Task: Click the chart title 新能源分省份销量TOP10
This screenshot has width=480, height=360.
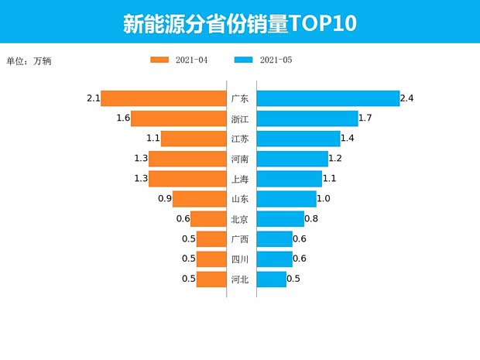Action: [x=239, y=23]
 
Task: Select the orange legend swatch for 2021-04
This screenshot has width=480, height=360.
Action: [x=159, y=60]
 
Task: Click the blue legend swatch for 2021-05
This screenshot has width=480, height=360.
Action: [x=243, y=60]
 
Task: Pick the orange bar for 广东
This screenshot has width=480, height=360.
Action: [x=163, y=98]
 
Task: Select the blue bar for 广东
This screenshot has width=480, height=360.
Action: [x=327, y=98]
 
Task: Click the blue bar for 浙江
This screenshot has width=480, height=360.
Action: [x=307, y=118]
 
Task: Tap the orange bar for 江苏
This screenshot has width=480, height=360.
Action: [x=193, y=139]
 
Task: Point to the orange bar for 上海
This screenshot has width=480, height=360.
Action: [x=187, y=179]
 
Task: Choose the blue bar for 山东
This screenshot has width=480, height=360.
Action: [x=286, y=199]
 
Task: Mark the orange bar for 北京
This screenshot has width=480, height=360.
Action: [x=207, y=219]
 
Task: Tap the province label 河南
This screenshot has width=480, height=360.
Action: [x=240, y=159]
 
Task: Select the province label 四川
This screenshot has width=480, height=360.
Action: [x=240, y=259]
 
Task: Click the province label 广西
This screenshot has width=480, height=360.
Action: [x=240, y=239]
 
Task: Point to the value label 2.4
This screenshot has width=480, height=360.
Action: [x=407, y=98]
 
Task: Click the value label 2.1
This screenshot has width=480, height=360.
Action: [x=94, y=98]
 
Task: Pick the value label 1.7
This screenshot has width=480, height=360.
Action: [x=366, y=118]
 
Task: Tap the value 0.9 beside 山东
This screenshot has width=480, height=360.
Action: [x=164, y=199]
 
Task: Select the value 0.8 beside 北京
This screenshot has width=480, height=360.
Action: [x=311, y=219]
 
